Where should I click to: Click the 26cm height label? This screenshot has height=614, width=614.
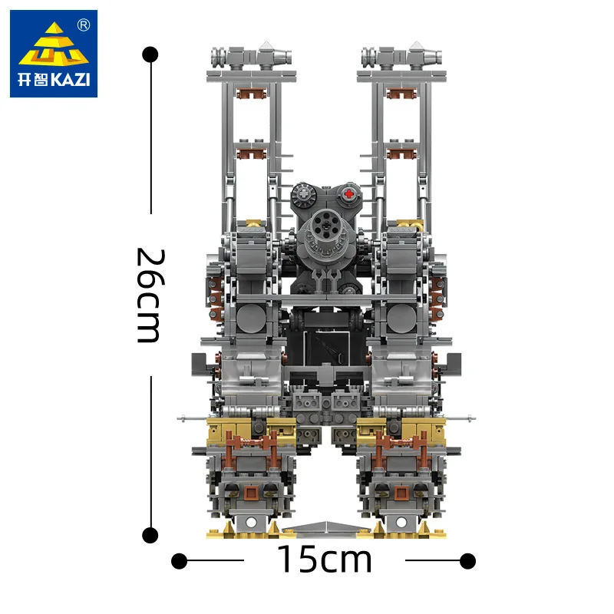tap(148, 295)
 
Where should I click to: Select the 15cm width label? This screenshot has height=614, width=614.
tap(323, 560)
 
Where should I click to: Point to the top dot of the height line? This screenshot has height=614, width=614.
tap(151, 54)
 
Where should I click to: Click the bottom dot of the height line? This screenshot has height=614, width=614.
tap(151, 535)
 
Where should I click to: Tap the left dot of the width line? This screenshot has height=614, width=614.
tap(179, 561)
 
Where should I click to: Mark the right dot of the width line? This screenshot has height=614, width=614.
tap(467, 561)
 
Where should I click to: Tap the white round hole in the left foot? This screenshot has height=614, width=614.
tap(249, 523)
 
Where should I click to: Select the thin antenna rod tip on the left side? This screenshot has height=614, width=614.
tap(182, 418)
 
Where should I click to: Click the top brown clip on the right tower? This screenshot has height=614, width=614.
tap(399, 94)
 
